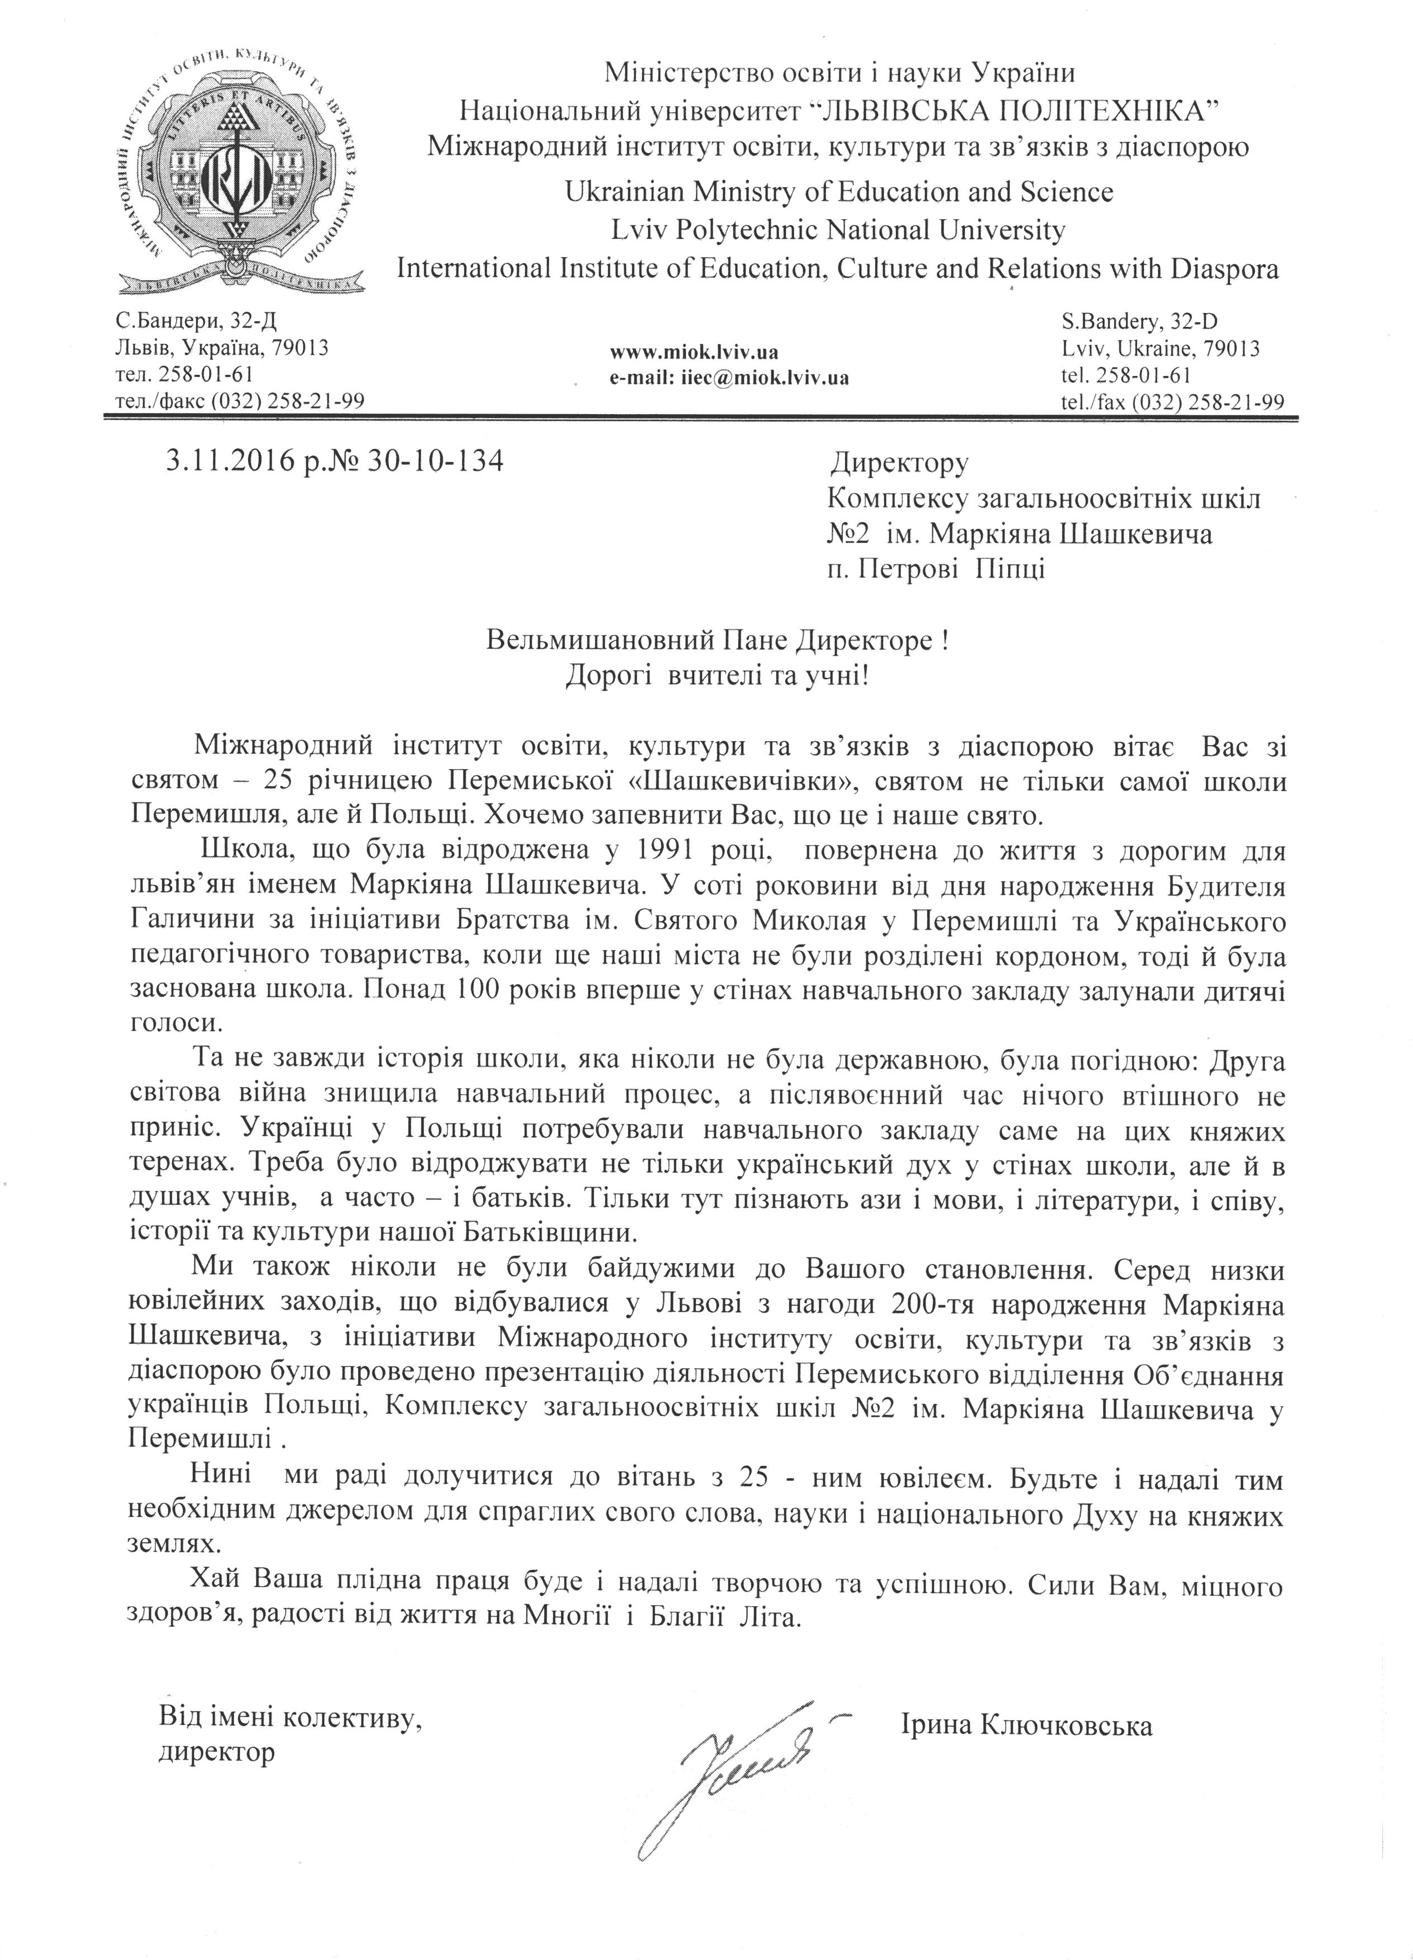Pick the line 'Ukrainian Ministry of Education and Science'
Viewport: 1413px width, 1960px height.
coord(838,191)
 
